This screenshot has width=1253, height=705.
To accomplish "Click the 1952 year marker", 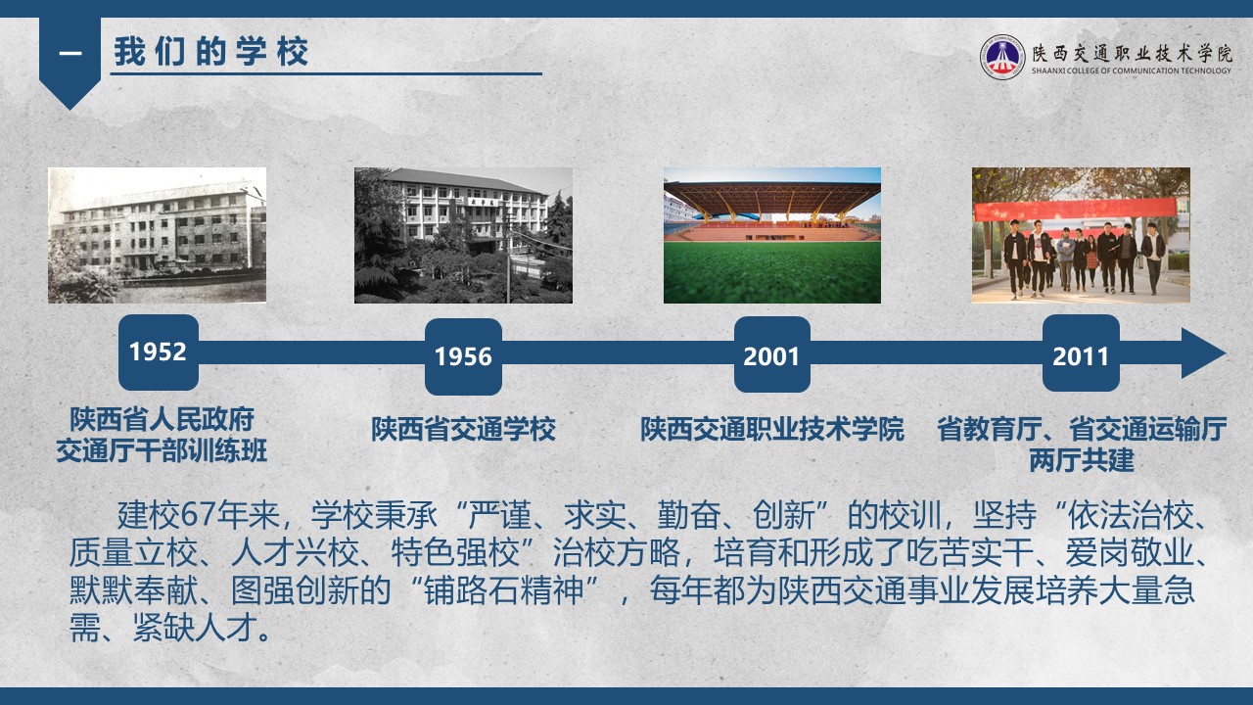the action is point(159,352).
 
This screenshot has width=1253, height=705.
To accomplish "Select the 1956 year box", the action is point(463,356).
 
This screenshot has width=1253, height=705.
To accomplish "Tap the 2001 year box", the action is point(772,354).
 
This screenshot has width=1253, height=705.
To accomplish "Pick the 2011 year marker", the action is point(1081,353).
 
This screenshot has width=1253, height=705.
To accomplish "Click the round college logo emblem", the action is point(1001,57).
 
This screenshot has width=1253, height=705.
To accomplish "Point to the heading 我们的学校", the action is point(211,52).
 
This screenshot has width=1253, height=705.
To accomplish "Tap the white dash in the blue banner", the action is point(70,54).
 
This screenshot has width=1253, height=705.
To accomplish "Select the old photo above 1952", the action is point(158,235).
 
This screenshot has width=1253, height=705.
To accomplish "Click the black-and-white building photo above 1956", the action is point(463,235).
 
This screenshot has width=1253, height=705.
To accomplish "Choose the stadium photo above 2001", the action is point(772,235).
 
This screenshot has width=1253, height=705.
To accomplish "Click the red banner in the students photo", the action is point(1074,210).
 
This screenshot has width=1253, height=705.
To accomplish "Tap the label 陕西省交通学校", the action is point(463,429).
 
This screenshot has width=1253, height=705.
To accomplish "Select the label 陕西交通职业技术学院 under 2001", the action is point(772,429).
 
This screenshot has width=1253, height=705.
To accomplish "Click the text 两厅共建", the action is point(1082,460).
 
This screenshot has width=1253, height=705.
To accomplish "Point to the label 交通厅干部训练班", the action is point(162,451).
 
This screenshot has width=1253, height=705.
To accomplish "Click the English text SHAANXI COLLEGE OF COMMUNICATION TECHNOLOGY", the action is point(1131,71).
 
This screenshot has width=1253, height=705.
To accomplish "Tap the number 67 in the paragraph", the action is point(199,515).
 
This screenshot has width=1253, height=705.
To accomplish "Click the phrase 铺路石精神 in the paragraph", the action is point(503,589).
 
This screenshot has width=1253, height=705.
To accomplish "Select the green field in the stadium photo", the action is point(772,272).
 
